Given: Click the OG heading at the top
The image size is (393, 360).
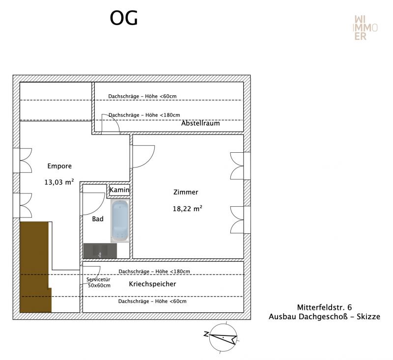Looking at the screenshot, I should click(124, 18).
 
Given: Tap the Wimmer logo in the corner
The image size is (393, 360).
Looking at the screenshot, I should click(366, 28).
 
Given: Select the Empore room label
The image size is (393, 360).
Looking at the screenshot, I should click(59, 166).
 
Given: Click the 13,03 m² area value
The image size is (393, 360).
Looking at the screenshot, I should click(59, 182).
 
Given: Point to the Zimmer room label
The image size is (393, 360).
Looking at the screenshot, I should click(186, 192).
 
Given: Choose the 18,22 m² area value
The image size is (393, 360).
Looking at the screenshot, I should click(187, 208).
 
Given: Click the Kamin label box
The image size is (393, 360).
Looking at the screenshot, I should click(119, 190).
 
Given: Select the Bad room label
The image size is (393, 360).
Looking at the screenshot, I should click(98, 219).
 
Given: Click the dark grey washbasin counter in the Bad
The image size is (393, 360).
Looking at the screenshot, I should click(100, 251).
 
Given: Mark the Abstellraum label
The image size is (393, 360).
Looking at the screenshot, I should click(200, 123).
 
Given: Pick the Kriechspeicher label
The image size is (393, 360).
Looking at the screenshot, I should click(152, 284).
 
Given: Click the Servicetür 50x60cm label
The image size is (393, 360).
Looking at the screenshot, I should click(98, 282).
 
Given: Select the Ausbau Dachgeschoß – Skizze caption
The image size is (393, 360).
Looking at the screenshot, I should click(324, 317).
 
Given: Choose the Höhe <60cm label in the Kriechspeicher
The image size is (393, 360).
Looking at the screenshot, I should click(152, 302).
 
